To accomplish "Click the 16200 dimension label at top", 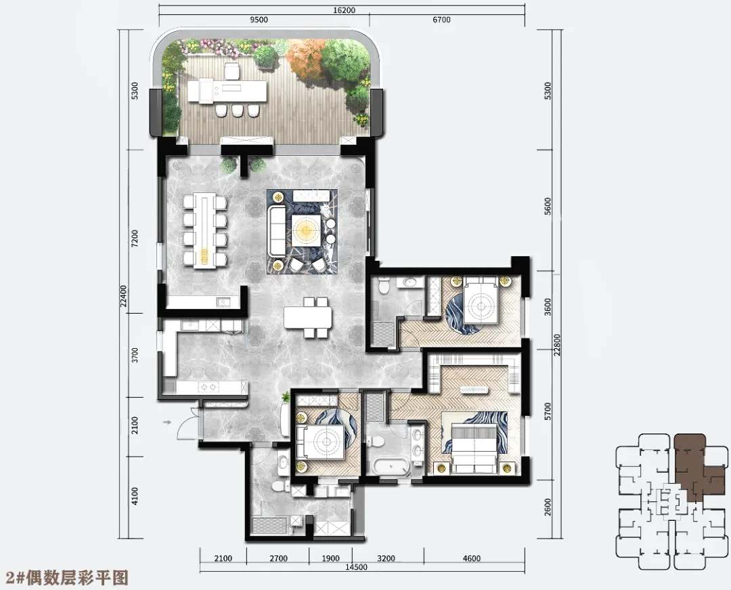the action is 345,9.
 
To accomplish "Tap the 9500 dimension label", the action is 259,20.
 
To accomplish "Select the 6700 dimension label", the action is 441,20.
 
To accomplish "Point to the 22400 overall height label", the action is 124,296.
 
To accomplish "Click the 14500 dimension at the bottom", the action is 356,567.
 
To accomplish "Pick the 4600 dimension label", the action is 471,558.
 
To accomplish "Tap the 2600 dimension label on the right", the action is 548,507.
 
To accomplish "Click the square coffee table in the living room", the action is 307,230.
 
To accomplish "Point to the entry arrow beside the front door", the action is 167,423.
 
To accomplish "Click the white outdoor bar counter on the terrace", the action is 227,91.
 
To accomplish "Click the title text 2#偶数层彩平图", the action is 65,578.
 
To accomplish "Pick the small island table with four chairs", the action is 308,317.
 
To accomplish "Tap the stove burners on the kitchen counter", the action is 208,386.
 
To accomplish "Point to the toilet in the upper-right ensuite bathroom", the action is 384,285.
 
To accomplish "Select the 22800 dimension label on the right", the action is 557,345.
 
